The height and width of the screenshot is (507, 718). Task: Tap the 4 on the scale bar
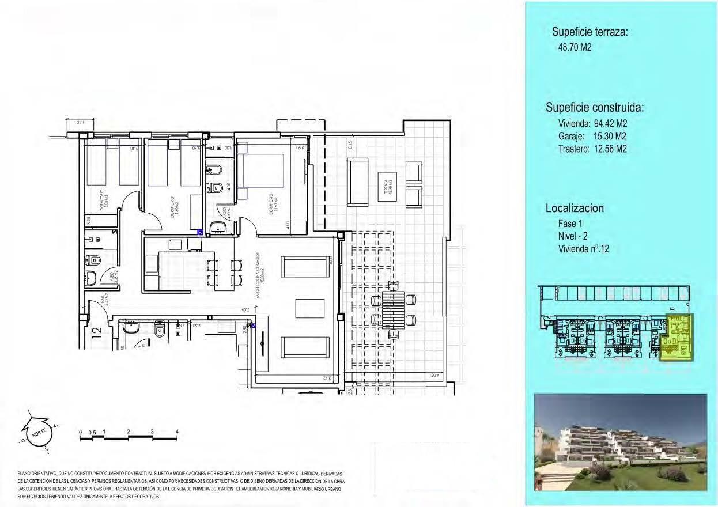(177, 432)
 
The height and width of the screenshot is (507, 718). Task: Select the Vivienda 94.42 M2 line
(592, 123)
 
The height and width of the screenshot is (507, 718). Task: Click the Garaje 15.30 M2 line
(592, 136)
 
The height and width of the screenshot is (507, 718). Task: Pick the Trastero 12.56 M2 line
(592, 149)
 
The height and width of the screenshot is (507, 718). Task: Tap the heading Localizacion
(575, 209)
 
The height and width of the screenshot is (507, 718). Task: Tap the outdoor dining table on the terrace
(394, 309)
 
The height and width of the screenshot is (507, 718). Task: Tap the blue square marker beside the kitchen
(200, 232)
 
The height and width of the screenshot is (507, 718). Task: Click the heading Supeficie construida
(594, 108)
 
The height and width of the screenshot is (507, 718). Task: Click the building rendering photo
(620, 442)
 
